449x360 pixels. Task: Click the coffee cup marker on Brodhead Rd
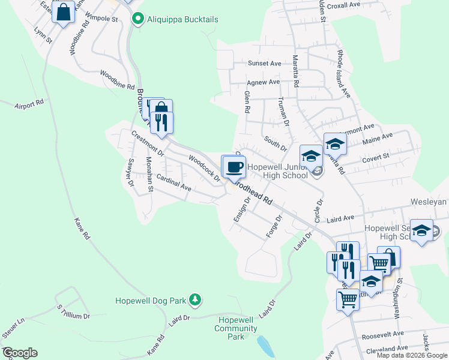(234, 166)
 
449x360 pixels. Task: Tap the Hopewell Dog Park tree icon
(194, 299)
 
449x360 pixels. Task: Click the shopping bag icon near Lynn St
(63, 12)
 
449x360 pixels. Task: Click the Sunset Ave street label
(265, 63)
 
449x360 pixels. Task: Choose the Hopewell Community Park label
(235, 329)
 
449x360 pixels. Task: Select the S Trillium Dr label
(73, 311)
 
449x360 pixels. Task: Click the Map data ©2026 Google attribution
(411, 355)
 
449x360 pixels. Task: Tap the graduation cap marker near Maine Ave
(335, 143)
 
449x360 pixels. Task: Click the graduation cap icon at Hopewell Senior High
(421, 232)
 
